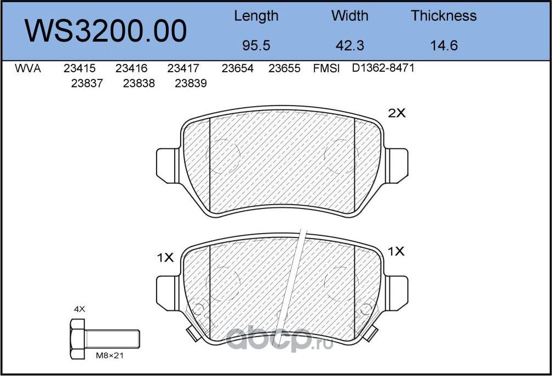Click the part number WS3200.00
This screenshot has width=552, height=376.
coord(106,31)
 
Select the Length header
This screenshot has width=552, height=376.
coord(256,16)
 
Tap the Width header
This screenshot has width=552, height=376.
coord(350,16)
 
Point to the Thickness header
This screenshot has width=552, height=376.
coord(444,16)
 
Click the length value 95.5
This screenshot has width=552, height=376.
coord(256,45)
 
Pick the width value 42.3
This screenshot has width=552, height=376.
coord(350,45)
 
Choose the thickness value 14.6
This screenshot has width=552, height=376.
coord(444,45)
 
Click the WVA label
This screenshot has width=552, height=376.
coord(27,69)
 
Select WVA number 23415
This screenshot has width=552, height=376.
coord(79,69)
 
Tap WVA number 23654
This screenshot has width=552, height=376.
coord(237,69)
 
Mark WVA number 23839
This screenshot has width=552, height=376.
coord(191,84)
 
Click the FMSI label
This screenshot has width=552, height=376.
coord(326,69)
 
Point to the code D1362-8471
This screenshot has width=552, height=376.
coord(383,68)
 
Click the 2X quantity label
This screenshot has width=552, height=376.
coord(396,114)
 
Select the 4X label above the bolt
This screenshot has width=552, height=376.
coord(79,309)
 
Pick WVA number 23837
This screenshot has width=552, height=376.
coord(87,84)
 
